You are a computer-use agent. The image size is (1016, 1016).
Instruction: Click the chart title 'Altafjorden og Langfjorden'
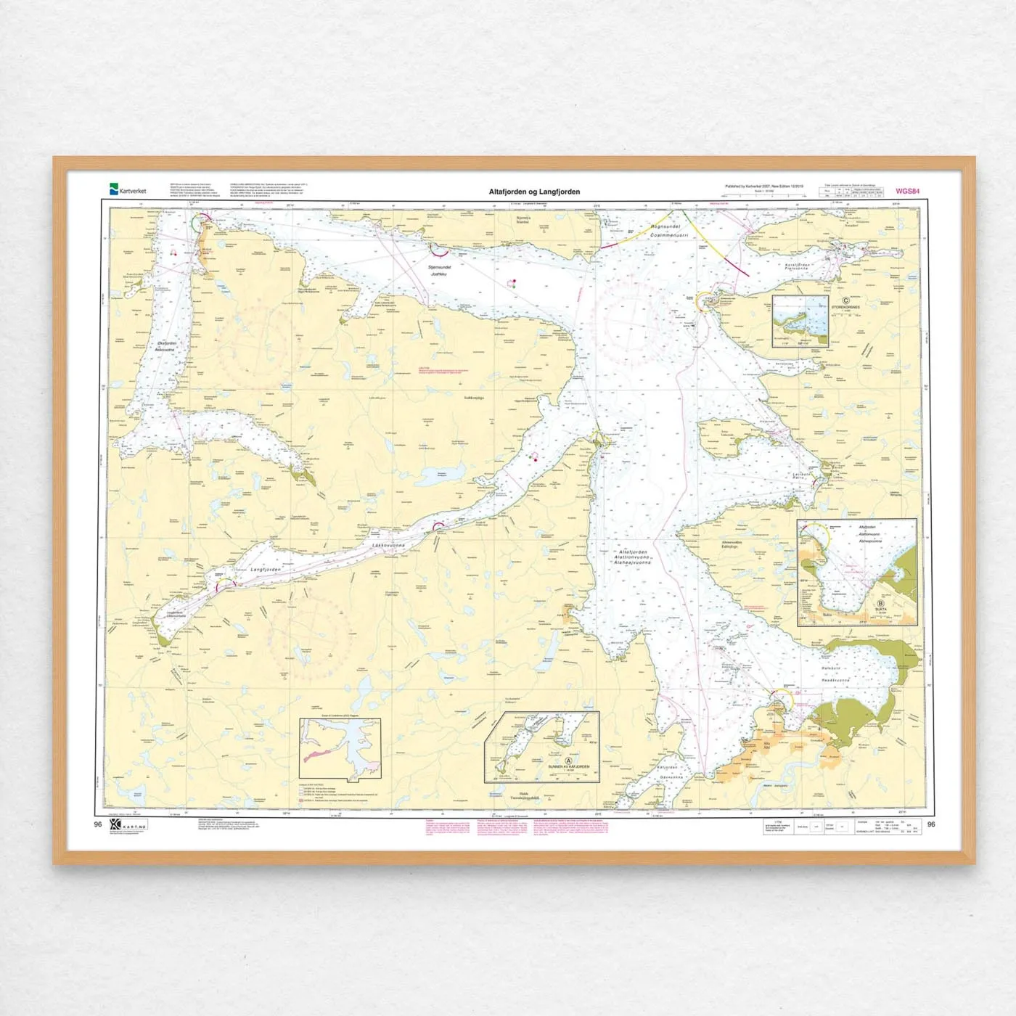[534, 192]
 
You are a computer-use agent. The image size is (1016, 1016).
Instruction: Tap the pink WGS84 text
[907, 192]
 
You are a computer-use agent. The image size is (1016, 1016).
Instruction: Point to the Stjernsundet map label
[440, 268]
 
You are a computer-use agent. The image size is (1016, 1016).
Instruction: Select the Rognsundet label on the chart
[665, 227]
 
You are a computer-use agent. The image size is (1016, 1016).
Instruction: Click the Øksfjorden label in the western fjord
[165, 343]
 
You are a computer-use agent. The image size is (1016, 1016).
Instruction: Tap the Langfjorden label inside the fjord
[265, 570]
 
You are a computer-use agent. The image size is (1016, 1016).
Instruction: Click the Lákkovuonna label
[388, 545]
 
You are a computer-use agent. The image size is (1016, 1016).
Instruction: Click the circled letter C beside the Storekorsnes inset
[845, 300]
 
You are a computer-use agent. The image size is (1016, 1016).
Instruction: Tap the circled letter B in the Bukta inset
[881, 603]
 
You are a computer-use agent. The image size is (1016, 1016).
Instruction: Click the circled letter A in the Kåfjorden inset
[569, 761]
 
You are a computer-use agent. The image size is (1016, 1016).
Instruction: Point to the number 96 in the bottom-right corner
[931, 824]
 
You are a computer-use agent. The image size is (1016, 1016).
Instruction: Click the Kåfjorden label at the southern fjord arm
[668, 767]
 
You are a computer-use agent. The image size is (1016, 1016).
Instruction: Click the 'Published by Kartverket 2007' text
[763, 187]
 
